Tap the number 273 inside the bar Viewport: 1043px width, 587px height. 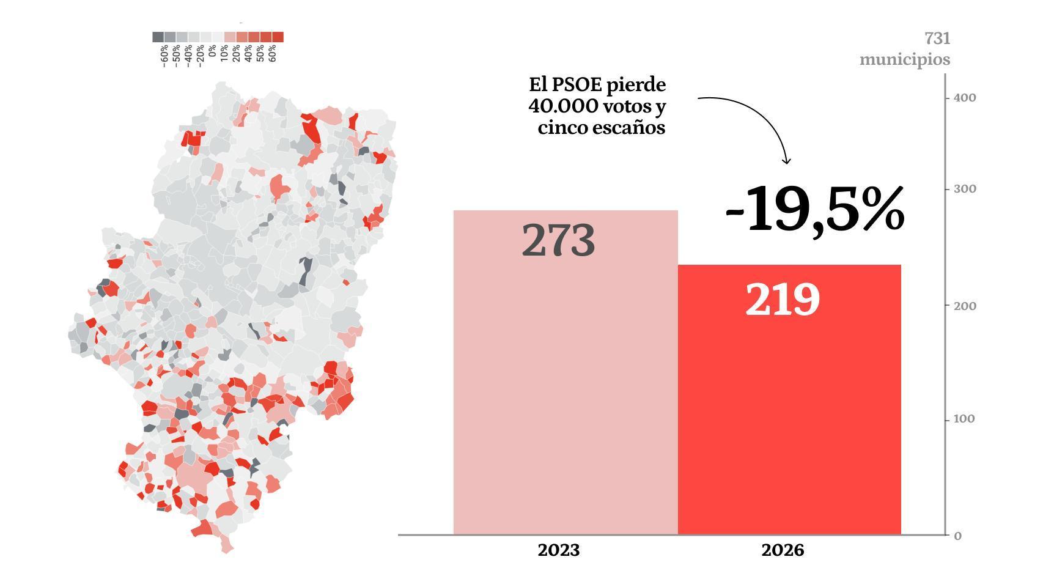point(558,240)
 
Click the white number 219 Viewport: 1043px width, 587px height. point(782,300)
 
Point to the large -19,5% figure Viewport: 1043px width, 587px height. point(814,209)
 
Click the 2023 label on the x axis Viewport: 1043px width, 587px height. point(558,550)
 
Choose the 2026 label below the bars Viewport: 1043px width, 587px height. point(783,550)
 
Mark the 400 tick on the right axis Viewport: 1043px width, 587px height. point(964,98)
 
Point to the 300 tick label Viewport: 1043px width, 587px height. point(964,189)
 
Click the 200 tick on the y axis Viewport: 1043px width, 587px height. point(964,305)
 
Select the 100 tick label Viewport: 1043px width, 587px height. point(964,419)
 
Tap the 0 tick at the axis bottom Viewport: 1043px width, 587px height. point(957,536)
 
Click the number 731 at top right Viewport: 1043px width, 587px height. point(937,39)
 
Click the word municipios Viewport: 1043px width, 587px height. point(905,59)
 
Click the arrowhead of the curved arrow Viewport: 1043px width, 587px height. point(787,161)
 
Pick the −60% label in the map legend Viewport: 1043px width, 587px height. point(164,55)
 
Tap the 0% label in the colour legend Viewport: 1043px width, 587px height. point(212,50)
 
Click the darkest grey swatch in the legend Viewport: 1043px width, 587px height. point(158,37)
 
